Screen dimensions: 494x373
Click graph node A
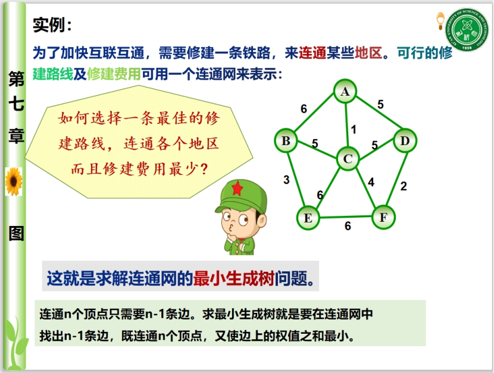point(345,91)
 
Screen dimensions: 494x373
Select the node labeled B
point(286,140)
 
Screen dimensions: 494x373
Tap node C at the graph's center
point(348,159)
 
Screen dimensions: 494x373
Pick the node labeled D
point(405,140)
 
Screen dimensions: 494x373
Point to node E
point(308,218)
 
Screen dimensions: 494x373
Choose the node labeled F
point(383,217)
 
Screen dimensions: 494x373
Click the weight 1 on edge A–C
point(354,129)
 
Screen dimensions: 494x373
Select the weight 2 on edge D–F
point(404,186)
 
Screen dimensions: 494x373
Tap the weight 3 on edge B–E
point(286,180)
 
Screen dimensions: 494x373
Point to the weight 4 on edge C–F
point(371,182)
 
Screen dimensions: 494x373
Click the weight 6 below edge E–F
point(348,225)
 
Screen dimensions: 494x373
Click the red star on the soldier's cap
point(237,189)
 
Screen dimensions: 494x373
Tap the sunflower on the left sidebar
point(14,181)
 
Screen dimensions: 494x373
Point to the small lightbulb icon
point(440,21)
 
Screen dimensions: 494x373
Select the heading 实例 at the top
point(49,25)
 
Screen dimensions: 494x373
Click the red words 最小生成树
point(234,278)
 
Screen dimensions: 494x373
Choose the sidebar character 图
point(17,233)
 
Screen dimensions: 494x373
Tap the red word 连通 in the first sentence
point(312,53)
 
